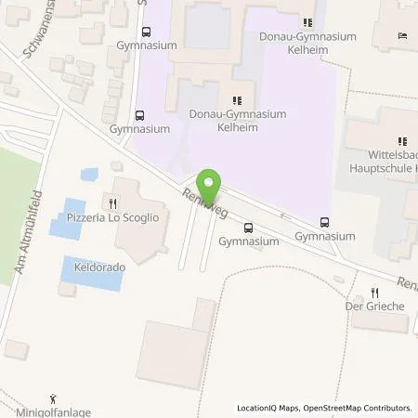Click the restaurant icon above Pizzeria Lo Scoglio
[x=113, y=202]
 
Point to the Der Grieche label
[x=376, y=305]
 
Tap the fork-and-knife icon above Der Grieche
[x=375, y=291]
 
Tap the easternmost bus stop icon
[x=324, y=222]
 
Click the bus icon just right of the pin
[x=248, y=228]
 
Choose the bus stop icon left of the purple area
[x=139, y=116]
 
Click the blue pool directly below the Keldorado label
[x=90, y=277]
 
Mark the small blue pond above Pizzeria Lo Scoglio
[x=88, y=174]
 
